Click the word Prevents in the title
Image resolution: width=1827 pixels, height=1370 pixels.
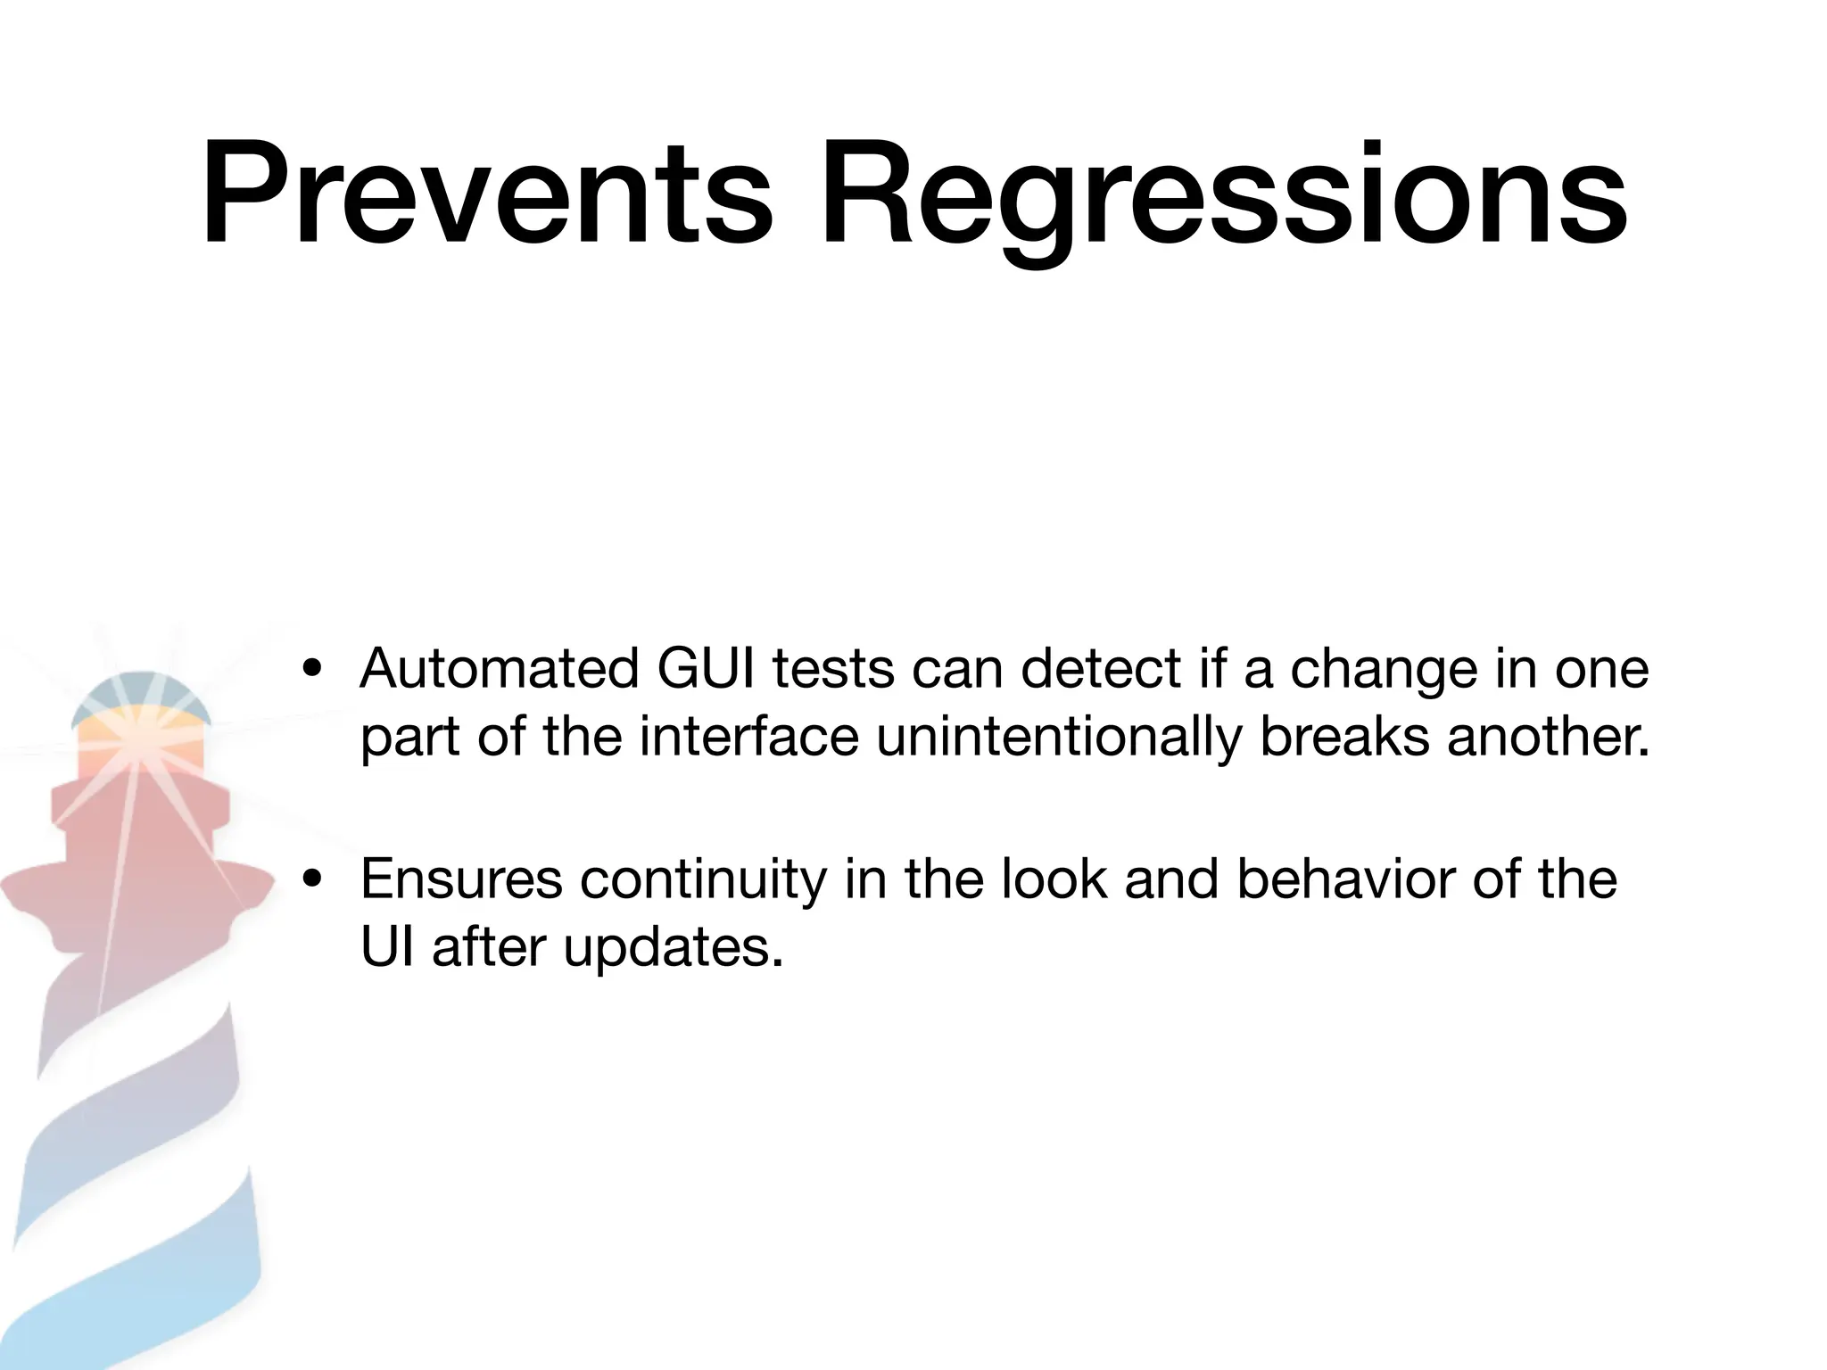(x=486, y=194)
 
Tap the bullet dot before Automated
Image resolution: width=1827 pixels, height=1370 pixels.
(x=311, y=671)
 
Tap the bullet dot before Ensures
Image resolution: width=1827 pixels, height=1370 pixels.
(x=311, y=881)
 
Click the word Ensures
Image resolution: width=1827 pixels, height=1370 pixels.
(x=461, y=879)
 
